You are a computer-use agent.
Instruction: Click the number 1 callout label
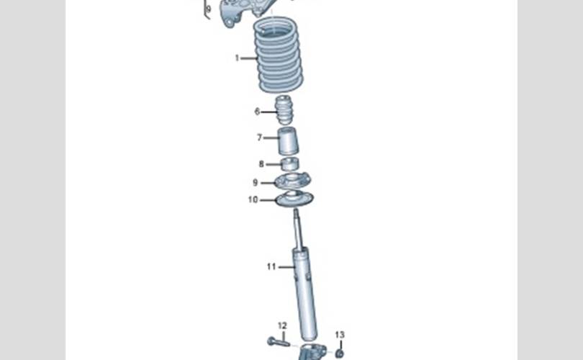coord(237,58)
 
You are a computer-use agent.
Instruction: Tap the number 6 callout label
coord(257,112)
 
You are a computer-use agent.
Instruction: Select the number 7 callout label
coord(260,138)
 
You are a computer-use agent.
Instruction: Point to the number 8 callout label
coord(261,164)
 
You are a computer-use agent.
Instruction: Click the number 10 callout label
coord(253,199)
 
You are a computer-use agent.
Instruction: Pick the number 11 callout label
coord(271,266)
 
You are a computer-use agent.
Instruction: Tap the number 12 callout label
coord(283,325)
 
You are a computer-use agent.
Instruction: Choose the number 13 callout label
coord(340,335)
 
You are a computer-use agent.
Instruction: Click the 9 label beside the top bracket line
coord(209,8)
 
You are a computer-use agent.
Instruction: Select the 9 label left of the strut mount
coord(255,183)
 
